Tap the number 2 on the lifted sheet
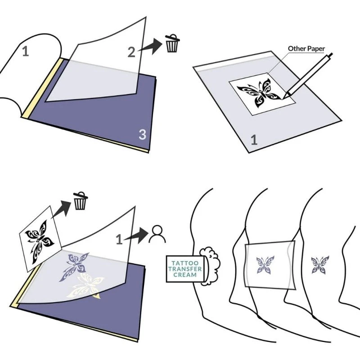pos(131,52)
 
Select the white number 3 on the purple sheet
pos(142,135)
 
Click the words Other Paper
pos(306,49)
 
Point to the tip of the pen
pos(283,98)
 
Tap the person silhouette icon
pos(157,234)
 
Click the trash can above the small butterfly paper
pos(81,201)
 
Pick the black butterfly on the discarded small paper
pos(40,242)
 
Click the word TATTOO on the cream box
pos(185,263)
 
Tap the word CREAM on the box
pos(185,274)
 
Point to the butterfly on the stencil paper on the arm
pos(265,265)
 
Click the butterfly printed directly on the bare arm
pos(320,265)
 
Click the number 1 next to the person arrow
pos(119,240)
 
